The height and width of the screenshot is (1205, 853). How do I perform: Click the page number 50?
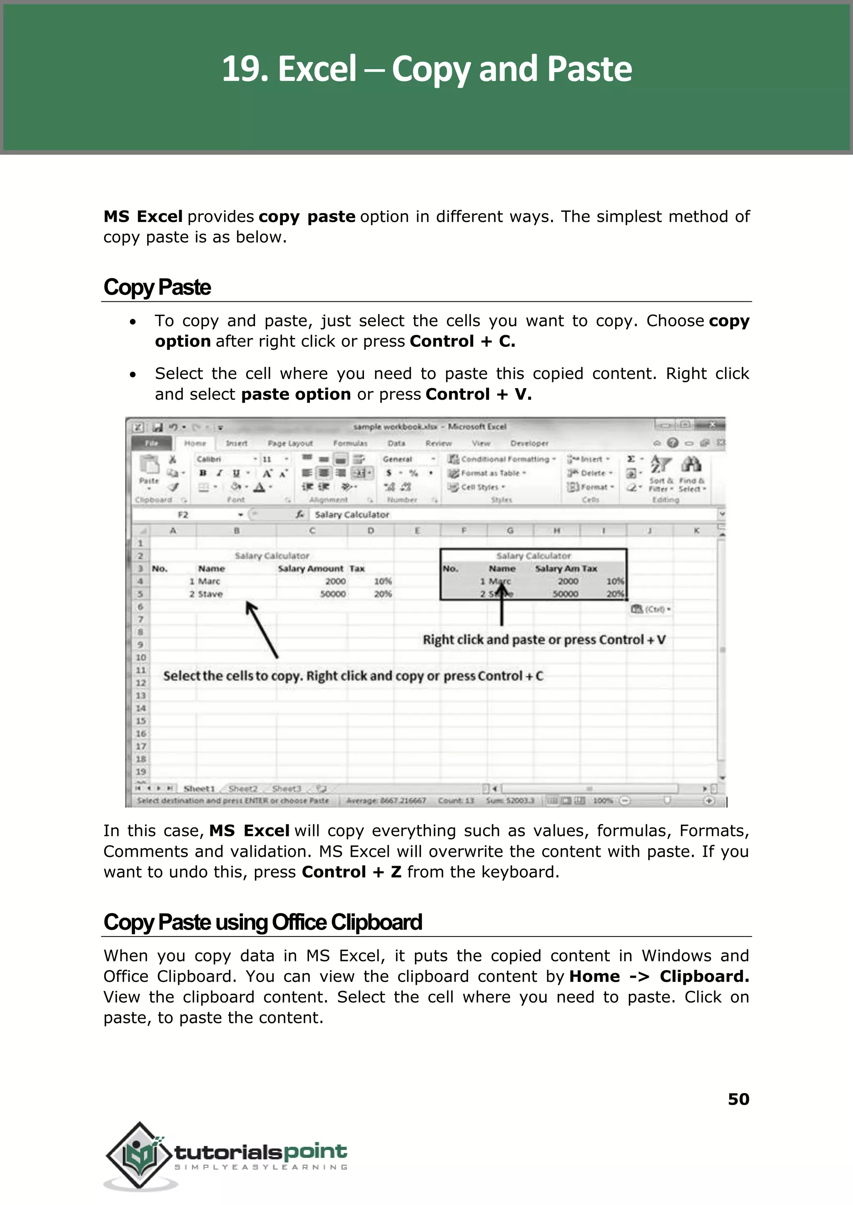pyautogui.click(x=738, y=1099)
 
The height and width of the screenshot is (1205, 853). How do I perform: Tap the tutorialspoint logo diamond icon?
pyautogui.click(x=139, y=1155)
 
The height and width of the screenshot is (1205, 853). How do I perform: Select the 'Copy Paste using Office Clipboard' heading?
pyautogui.click(x=263, y=922)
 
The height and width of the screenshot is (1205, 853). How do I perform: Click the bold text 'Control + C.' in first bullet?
pyautogui.click(x=462, y=341)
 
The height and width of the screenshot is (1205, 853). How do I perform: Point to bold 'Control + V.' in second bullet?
pyautogui.click(x=479, y=394)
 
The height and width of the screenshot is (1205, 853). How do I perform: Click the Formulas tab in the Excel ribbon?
pyautogui.click(x=350, y=443)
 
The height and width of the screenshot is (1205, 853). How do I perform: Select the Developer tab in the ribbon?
pyautogui.click(x=529, y=443)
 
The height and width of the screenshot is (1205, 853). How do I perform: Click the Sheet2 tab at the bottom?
pyautogui.click(x=243, y=789)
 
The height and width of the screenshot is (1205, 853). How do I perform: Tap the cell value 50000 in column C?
pyautogui.click(x=333, y=594)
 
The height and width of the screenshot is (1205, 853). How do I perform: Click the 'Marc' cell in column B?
pyautogui.click(x=209, y=581)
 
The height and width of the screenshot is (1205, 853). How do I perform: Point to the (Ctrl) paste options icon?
pyautogui.click(x=650, y=609)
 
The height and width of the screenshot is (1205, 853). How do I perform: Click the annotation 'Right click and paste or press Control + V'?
pyautogui.click(x=544, y=640)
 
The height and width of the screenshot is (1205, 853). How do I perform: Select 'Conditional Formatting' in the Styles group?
pyautogui.click(x=504, y=459)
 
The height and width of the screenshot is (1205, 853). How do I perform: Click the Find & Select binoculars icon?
pyautogui.click(x=691, y=465)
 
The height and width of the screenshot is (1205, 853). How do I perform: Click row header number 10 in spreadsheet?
pyautogui.click(x=141, y=657)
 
